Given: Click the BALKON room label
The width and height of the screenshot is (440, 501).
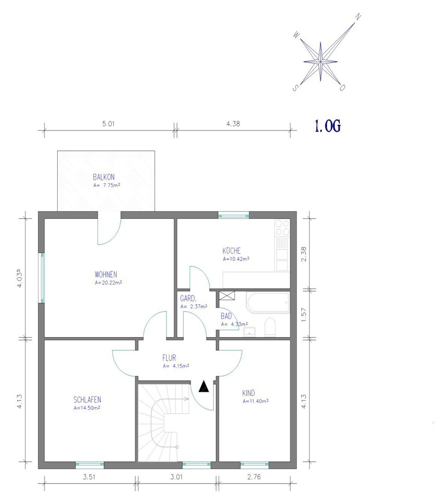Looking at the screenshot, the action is coord(104,177).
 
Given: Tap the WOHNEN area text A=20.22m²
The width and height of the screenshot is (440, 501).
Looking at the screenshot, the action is coord(108,283).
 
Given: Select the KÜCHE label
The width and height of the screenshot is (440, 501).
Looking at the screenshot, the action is coord(232,250).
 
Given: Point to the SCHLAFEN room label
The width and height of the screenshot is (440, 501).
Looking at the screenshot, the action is coord(87,400).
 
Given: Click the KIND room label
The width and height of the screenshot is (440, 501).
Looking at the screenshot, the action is coord(249,393).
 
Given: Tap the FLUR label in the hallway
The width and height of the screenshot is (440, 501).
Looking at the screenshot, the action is coord(169,358).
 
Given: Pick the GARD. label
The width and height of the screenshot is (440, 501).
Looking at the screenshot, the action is coord(188,299).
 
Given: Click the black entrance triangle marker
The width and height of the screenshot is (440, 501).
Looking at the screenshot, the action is coord(204,387).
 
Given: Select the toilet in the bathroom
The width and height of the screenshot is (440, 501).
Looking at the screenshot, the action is coord(270,327).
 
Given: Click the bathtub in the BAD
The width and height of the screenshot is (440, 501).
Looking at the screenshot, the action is coord(268,302).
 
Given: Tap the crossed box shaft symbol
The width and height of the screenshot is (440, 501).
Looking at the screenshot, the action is coord(227,295).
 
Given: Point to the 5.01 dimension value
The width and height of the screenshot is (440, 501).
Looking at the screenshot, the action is coord(108,124).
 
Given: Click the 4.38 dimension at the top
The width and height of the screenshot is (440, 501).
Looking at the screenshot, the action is coord(233,124).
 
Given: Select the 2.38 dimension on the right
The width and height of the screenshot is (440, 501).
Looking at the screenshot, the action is coord(304,254).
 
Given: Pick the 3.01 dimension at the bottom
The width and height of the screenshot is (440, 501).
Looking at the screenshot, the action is coord(176,477).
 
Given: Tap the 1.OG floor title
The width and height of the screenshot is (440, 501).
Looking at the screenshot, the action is coord(328,126).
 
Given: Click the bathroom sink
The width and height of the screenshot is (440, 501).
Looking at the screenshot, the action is coord(250,332).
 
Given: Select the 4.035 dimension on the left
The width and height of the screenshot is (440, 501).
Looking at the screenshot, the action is coord(20,278).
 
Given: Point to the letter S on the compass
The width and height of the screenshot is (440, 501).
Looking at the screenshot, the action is coord(295,88).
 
